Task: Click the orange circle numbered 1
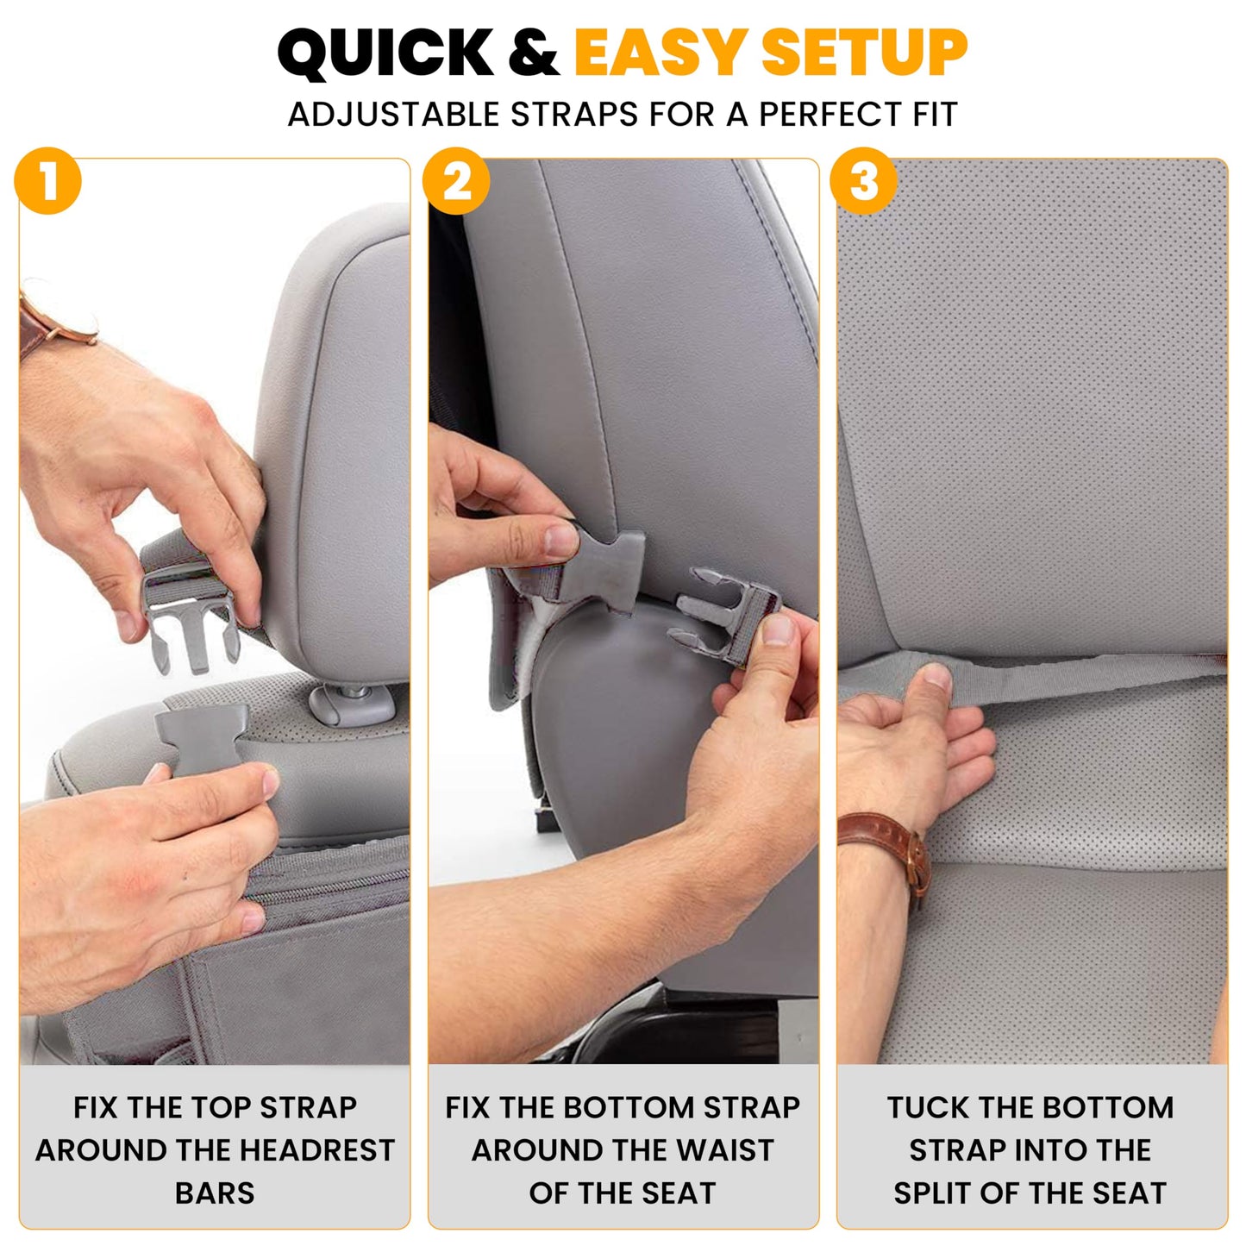coord(48,182)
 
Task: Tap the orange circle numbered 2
coord(456,182)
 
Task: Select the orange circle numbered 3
coord(863,182)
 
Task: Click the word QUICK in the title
coord(385,53)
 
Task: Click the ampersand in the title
coord(534,53)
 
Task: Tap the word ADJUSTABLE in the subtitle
coord(393,115)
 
